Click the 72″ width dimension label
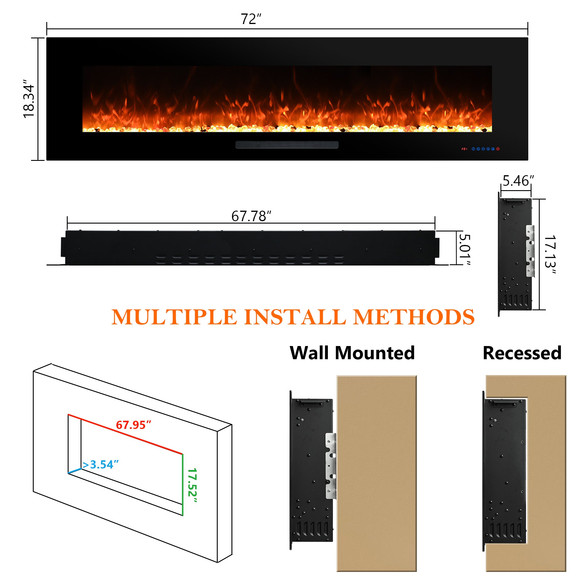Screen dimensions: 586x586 coord(251,19)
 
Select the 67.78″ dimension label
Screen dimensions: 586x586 coord(251,216)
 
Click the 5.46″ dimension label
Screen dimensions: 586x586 coord(518,181)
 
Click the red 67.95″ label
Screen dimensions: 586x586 coord(133,425)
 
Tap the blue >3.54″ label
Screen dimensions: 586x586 coord(100,464)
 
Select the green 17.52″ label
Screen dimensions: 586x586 coord(192,486)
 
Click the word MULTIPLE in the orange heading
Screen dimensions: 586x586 coord(174,317)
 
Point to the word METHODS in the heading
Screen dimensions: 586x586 coord(414,317)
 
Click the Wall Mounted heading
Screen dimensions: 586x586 coord(352,353)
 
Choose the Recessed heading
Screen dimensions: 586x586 coord(522,353)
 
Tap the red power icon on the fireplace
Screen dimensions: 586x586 coord(498,149)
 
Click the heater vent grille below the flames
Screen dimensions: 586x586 coord(287,145)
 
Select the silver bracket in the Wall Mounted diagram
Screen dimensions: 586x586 coord(331,466)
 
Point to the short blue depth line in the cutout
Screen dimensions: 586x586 coord(75,471)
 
